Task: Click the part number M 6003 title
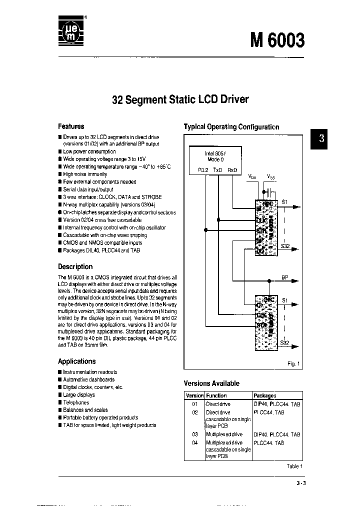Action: click(277, 39)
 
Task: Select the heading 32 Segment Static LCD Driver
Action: click(180, 99)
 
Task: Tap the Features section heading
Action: click(71, 126)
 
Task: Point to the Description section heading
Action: click(75, 266)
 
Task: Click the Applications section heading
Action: click(76, 361)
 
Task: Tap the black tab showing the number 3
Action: click(321, 138)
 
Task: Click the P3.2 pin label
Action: click(202, 170)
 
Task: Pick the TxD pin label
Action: click(217, 170)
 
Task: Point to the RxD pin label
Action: click(232, 170)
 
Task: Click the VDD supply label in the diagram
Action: click(252, 176)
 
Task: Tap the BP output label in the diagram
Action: click(284, 276)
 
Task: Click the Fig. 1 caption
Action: click(293, 363)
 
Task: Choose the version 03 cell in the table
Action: click(195, 434)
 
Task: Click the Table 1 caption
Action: click(294, 466)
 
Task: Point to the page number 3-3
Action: click(296, 483)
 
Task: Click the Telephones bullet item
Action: click(76, 402)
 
